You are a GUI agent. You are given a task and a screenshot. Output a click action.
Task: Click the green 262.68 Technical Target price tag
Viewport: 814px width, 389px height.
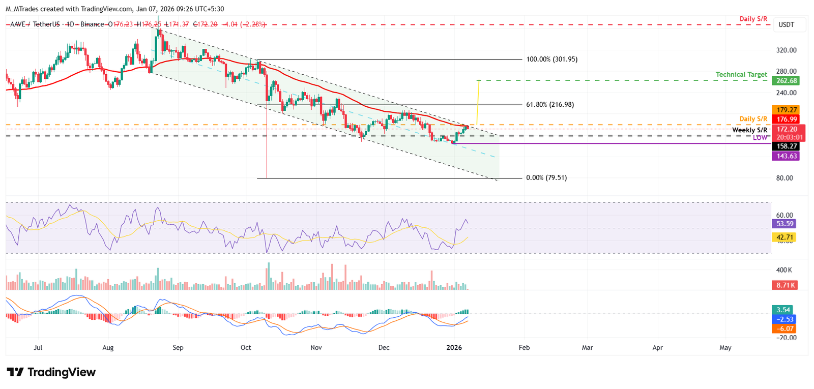tap(786, 81)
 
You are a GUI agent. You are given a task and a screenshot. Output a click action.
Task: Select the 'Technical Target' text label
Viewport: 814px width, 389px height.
tap(741, 75)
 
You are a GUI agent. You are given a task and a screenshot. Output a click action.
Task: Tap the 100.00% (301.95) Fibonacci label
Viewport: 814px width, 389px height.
tap(552, 59)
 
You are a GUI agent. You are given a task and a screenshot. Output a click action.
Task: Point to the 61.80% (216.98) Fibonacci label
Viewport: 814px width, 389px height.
tap(550, 105)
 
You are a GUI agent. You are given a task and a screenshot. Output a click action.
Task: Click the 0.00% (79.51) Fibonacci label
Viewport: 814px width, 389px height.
tap(546, 178)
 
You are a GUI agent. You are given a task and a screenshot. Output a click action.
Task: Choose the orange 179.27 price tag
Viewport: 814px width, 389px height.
tap(786, 110)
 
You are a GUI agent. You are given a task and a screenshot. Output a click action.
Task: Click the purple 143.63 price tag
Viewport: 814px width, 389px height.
tap(786, 156)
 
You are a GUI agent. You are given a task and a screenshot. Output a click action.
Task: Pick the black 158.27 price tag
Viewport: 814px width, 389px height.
tap(786, 146)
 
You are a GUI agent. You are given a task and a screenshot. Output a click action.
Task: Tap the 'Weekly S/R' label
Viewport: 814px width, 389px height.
tap(749, 131)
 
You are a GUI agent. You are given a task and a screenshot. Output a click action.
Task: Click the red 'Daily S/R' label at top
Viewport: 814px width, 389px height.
tap(753, 19)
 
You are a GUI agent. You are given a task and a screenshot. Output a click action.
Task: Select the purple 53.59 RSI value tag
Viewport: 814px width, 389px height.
tap(784, 224)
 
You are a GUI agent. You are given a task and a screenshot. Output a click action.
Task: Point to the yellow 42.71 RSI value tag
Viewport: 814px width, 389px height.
tap(784, 237)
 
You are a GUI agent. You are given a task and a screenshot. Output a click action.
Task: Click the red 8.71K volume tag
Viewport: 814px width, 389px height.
tap(784, 285)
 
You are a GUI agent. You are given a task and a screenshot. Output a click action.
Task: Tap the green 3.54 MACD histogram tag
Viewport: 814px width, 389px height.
tap(783, 310)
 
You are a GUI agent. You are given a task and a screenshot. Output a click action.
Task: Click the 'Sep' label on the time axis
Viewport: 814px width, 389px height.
tap(178, 348)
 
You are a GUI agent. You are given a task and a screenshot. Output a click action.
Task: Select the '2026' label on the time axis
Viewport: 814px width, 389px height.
tap(454, 348)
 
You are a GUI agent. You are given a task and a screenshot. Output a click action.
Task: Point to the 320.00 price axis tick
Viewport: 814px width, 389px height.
tap(786, 50)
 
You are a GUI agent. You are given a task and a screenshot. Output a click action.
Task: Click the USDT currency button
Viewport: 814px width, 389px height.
tap(786, 24)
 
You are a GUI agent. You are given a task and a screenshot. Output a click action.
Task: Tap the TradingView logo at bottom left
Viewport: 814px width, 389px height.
tap(51, 372)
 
